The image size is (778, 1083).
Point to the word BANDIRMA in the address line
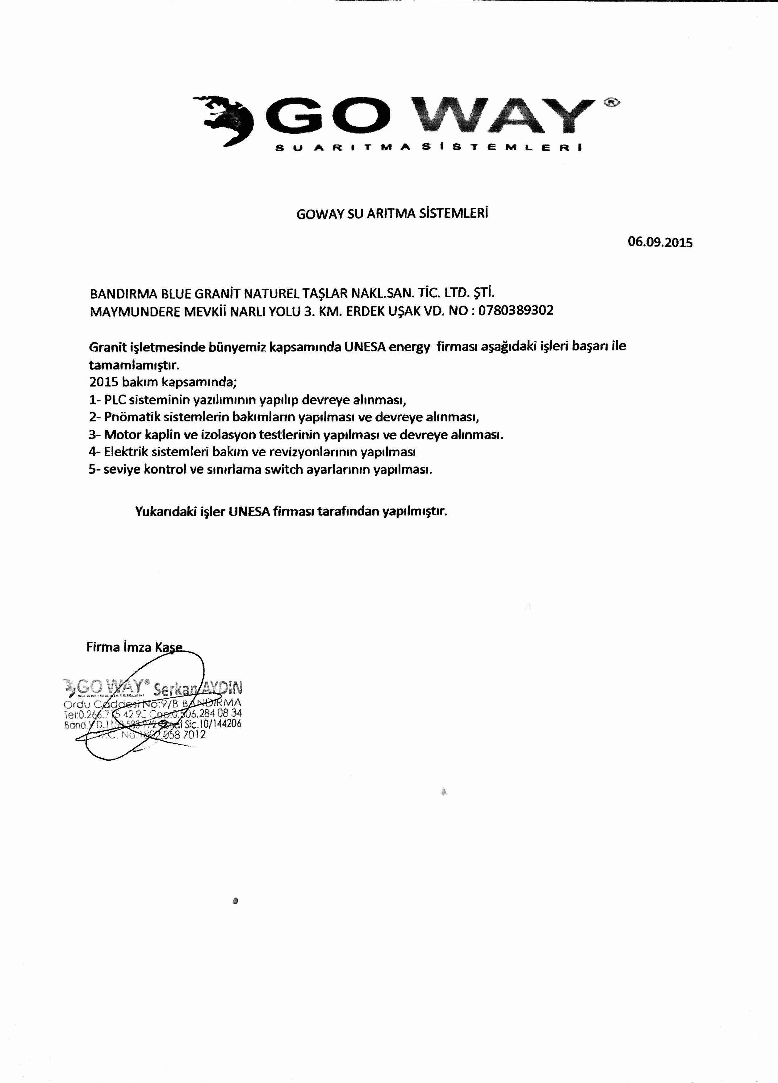point(120,292)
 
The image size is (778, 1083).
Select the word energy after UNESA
point(409,347)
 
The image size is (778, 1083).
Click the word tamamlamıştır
point(134,365)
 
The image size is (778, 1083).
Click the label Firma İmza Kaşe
point(134,647)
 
